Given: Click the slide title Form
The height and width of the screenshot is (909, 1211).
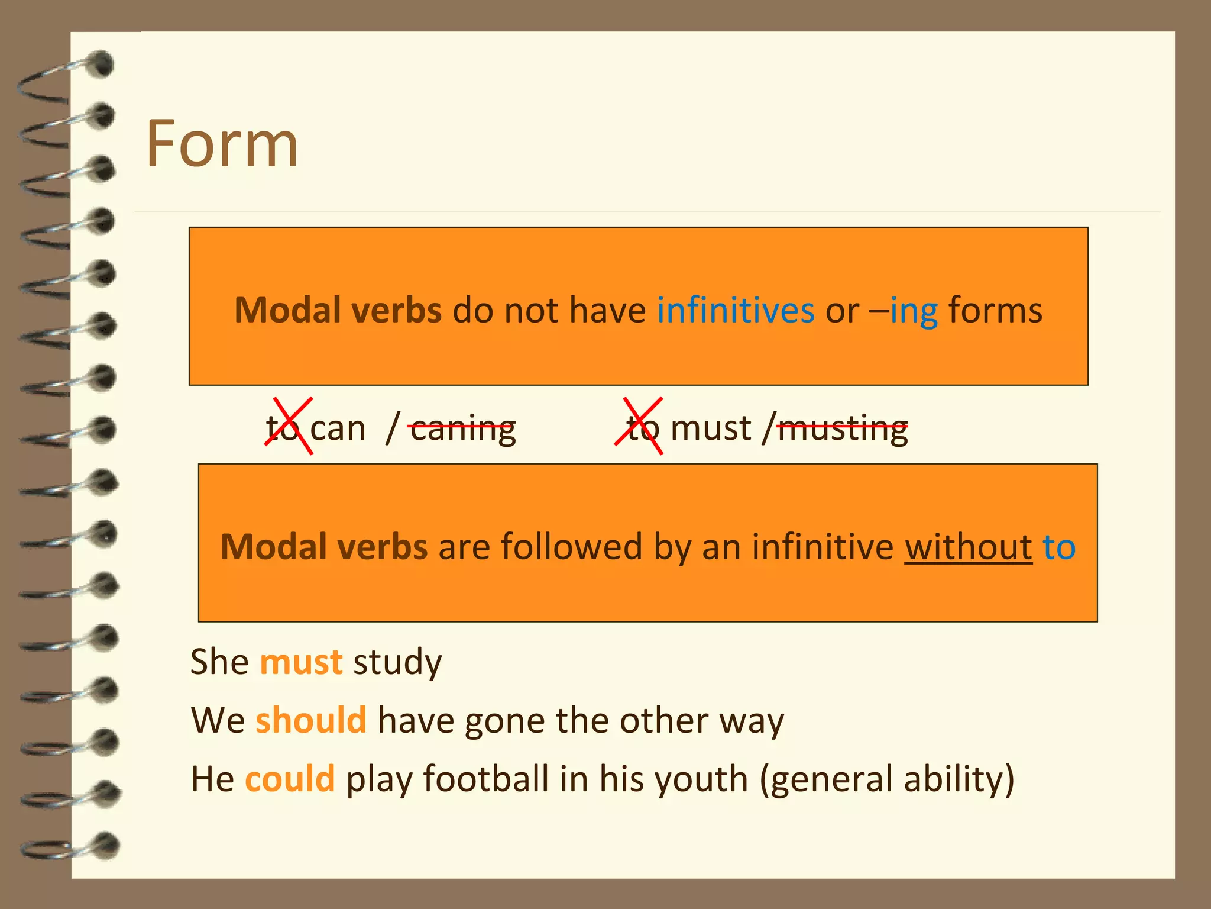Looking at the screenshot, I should pyautogui.click(x=222, y=144).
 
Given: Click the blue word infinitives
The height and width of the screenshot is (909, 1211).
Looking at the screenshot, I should pyautogui.click(x=736, y=310).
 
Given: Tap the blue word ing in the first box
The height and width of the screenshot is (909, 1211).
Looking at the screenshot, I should pyautogui.click(x=914, y=311).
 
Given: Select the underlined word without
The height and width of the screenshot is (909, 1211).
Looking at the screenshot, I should pyautogui.click(x=968, y=547).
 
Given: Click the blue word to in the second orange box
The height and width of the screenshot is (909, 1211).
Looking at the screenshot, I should pyautogui.click(x=1059, y=547).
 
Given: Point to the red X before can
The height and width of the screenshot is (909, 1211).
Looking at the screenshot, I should pyautogui.click(x=289, y=426).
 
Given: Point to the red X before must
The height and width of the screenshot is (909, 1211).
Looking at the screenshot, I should pyautogui.click(x=639, y=426).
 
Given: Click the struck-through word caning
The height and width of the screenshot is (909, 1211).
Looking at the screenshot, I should pyautogui.click(x=462, y=428).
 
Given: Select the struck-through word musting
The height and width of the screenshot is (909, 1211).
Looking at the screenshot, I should pyautogui.click(x=843, y=428).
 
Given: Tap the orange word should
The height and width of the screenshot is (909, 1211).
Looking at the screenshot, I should pyautogui.click(x=311, y=720).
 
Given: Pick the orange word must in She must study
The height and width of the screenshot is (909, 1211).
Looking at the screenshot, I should pyautogui.click(x=301, y=662).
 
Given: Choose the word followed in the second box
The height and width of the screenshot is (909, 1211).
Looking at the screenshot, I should pyautogui.click(x=571, y=547).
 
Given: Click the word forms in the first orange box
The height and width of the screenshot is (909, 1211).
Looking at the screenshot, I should pyautogui.click(x=995, y=310).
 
